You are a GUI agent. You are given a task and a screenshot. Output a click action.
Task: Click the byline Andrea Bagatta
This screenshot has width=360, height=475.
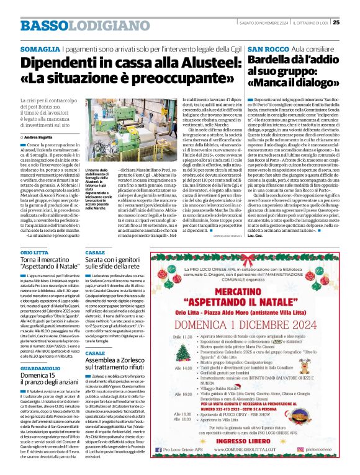pyautogui.click(x=39, y=136)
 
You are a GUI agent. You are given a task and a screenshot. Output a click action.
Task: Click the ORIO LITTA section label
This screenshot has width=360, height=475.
pyautogui.click(x=35, y=253)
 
